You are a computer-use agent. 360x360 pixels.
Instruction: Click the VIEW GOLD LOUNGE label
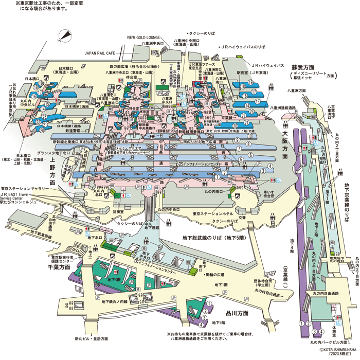tap(146, 38)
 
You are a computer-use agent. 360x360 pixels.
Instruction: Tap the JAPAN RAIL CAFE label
tap(103, 52)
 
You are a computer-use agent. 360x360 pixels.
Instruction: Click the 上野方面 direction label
tap(53, 175)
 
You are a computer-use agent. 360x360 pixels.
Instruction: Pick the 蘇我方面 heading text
tap(302, 67)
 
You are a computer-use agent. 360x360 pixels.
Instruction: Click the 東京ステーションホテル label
tap(213, 213)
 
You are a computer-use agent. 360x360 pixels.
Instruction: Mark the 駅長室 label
tap(242, 74)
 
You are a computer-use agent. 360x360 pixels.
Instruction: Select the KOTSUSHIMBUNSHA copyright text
tap(336, 349)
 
